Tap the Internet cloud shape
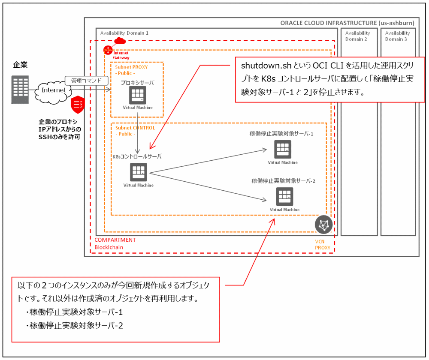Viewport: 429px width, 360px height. pyautogui.click(x=53, y=90)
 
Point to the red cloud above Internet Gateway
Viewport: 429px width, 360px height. pyautogui.click(x=119, y=40)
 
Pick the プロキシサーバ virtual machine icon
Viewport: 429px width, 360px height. pyautogui.click(x=137, y=95)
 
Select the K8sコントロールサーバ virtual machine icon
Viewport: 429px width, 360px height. pyautogui.click(x=138, y=172)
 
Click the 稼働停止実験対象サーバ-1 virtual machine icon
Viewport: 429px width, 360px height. pyautogui.click(x=283, y=149)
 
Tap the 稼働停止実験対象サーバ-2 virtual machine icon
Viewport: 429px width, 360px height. pyautogui.click(x=284, y=196)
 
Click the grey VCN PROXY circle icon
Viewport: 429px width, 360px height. pyautogui.click(x=323, y=225)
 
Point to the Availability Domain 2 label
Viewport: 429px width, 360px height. pyautogui.click(x=357, y=36)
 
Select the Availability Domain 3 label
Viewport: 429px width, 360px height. pyautogui.click(x=397, y=36)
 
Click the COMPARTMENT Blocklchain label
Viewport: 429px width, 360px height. pyautogui.click(x=115, y=243)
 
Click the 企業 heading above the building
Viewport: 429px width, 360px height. pyautogui.click(x=20, y=65)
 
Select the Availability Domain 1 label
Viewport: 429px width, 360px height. pyautogui.click(x=124, y=33)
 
